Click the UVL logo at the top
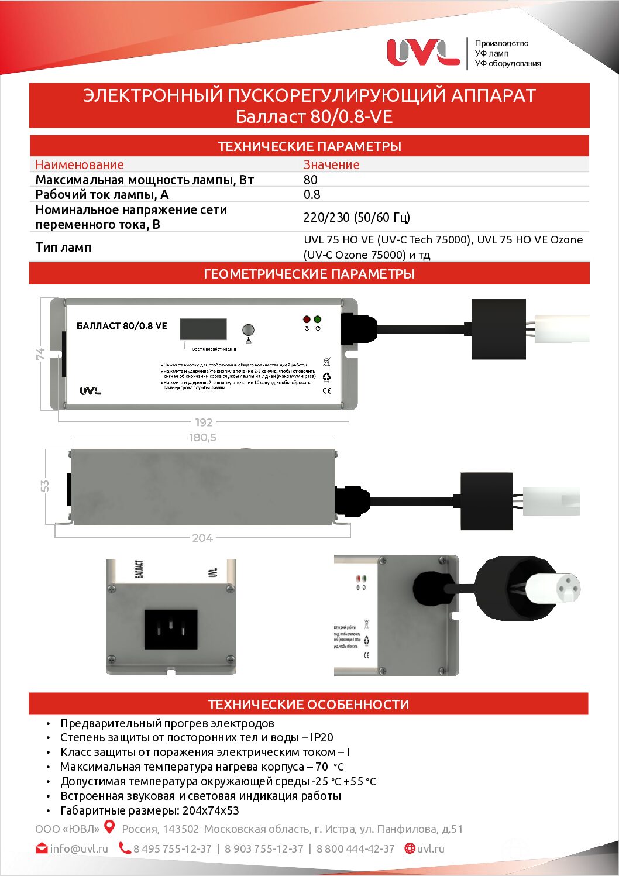pyautogui.click(x=423, y=52)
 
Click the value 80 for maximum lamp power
pyautogui.click(x=311, y=180)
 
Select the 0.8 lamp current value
pyautogui.click(x=312, y=194)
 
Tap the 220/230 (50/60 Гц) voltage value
pyautogui.click(x=356, y=217)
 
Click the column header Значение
pyautogui.click(x=331, y=165)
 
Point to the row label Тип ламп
pyautogui.click(x=64, y=247)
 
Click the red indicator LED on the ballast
pyautogui.click(x=307, y=320)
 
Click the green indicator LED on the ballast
pyautogui.click(x=317, y=320)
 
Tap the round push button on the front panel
pyautogui.click(x=248, y=330)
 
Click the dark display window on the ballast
pyautogui.click(x=203, y=329)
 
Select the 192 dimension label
pyautogui.click(x=204, y=422)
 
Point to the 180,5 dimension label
pyautogui.click(x=202, y=437)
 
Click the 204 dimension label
pyautogui.click(x=202, y=538)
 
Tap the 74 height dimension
pyautogui.click(x=40, y=354)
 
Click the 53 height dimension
pyautogui.click(x=45, y=486)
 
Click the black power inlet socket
pyautogui.click(x=171, y=629)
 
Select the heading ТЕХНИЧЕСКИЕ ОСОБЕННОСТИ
pyautogui.click(x=309, y=705)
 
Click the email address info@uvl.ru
pyautogui.click(x=79, y=848)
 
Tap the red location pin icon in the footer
pyautogui.click(x=109, y=827)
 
